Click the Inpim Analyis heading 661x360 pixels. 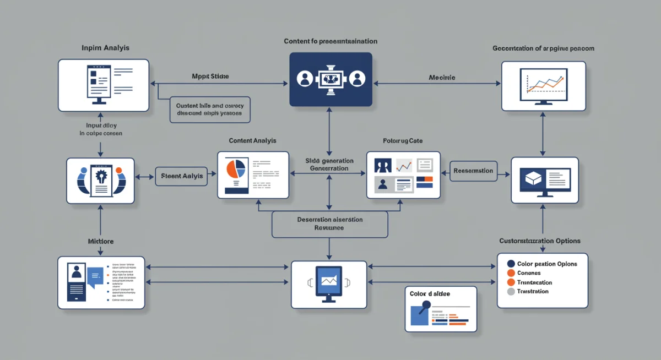pos(105,48)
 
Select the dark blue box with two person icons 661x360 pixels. pos(330,79)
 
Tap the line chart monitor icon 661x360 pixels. pos(544,86)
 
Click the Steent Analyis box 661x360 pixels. pos(182,176)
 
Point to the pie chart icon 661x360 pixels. pos(235,170)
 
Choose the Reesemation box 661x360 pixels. pos(473,171)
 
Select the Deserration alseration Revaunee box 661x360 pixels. pos(329,223)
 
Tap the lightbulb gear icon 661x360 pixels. pos(101,178)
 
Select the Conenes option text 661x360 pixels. pos(529,273)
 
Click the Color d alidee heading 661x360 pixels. pos(430,294)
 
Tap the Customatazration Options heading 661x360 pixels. pos(539,241)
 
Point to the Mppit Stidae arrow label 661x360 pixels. pos(210,76)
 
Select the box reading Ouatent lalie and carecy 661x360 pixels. pos(209,109)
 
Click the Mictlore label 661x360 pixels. pos(100,241)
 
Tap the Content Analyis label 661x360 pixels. pos(252,141)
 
